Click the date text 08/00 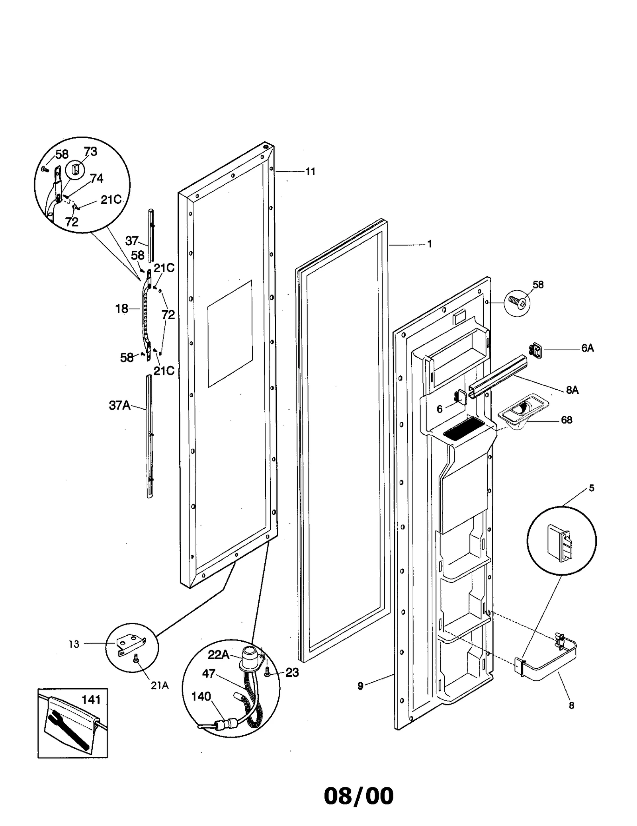(358, 796)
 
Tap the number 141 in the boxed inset (91, 699)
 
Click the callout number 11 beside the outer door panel (310, 172)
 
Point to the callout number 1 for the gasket (429, 244)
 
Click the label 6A (587, 348)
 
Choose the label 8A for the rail (572, 390)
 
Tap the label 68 (566, 420)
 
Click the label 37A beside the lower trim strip (119, 405)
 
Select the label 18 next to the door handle (122, 309)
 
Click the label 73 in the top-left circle (90, 152)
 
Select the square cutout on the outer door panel (230, 334)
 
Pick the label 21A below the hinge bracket (160, 685)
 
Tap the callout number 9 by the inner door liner (360, 685)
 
